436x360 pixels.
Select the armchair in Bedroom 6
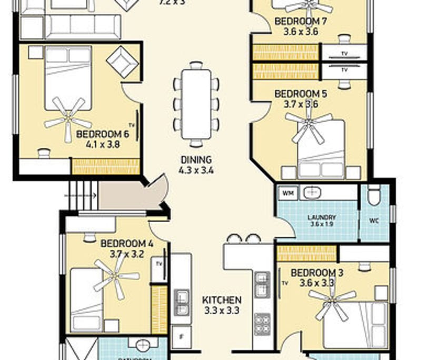click(x=122, y=62)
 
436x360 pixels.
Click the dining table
click(x=195, y=104)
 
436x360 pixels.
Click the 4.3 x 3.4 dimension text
click(x=196, y=170)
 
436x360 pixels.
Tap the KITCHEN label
click(x=222, y=300)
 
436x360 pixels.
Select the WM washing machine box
click(x=288, y=193)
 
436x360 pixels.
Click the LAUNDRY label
click(x=322, y=217)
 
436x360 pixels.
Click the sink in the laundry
click(x=312, y=193)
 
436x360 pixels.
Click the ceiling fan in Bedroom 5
click(x=309, y=126)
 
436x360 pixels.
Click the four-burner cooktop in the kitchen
click(x=262, y=323)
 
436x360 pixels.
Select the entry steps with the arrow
click(x=81, y=195)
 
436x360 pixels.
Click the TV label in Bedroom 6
click(x=132, y=125)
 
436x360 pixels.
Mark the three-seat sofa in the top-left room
click(x=82, y=25)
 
